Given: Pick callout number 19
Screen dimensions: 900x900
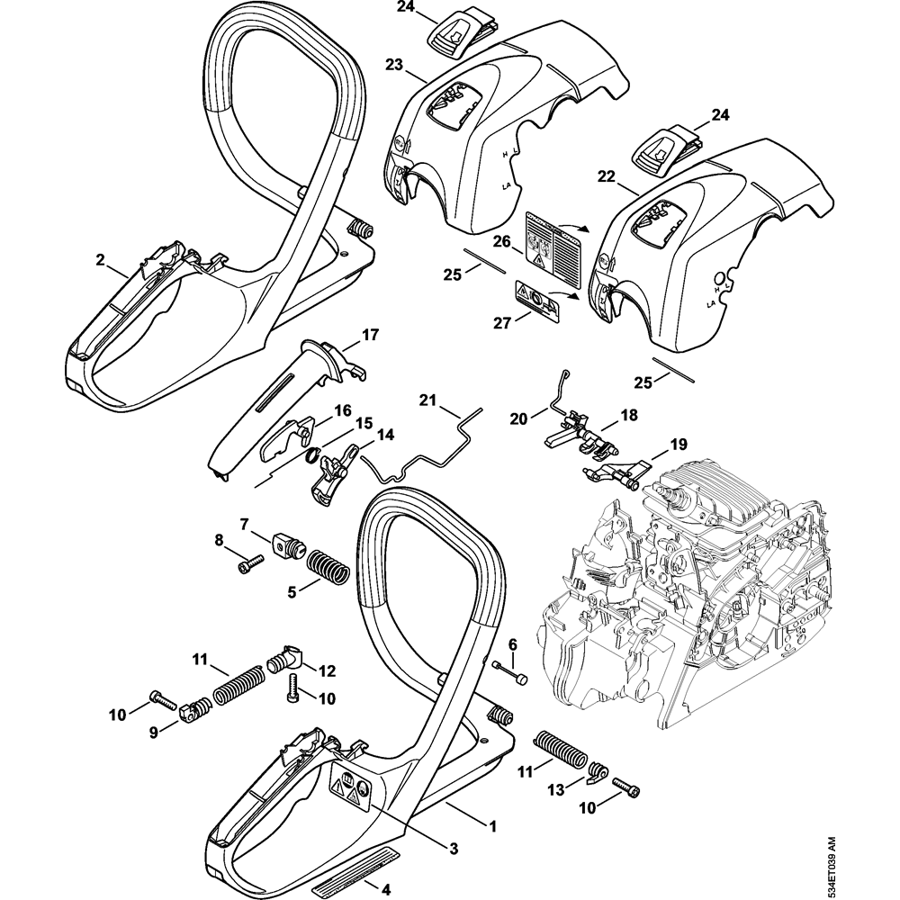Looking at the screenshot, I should (x=677, y=443).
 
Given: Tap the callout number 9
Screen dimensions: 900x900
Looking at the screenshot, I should (x=156, y=732).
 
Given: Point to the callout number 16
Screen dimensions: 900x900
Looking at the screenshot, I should (x=343, y=409).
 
